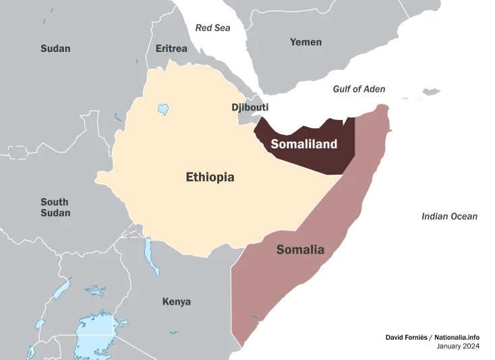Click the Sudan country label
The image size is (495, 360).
55,49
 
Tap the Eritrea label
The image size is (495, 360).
171,49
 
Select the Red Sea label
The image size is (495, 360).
212,28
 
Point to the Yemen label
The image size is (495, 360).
305,42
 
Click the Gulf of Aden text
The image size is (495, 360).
359,89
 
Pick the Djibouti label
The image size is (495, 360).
250,107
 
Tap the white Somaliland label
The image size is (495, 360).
303,144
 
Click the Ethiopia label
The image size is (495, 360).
210,177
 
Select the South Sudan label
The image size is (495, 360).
55,208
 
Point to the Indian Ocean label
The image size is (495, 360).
449,216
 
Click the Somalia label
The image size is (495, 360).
300,249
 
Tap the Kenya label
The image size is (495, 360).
176,301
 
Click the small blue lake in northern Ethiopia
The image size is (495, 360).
163,109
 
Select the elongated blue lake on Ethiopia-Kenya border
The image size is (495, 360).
150,255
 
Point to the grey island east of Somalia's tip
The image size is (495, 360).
431,92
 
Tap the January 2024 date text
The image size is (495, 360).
458,347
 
